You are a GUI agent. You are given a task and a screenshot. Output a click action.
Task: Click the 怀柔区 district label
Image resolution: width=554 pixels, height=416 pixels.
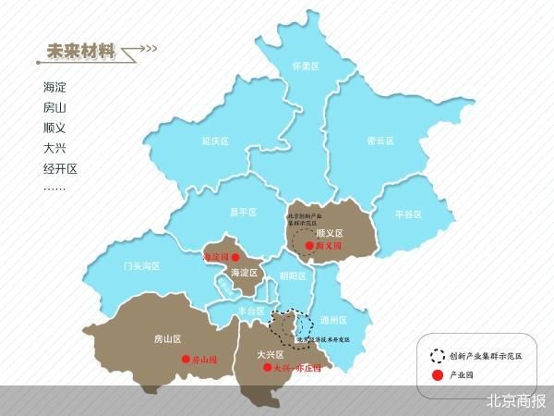305,67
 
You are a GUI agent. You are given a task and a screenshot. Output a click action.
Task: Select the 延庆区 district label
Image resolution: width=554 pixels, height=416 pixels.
214,141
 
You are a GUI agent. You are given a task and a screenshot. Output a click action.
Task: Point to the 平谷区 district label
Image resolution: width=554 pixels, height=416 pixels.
407,214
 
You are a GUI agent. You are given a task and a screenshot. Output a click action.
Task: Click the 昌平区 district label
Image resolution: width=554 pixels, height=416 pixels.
243,212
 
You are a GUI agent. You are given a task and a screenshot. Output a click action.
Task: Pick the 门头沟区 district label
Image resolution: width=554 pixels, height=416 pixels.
141,265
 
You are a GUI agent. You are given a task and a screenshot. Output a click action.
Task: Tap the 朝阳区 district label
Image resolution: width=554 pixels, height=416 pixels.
292,275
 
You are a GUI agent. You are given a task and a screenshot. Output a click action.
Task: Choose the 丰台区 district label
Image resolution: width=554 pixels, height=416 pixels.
251,311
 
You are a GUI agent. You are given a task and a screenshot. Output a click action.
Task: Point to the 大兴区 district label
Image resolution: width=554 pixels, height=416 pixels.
270,353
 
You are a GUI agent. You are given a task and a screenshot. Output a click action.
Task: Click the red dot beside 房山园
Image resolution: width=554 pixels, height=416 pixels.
186,360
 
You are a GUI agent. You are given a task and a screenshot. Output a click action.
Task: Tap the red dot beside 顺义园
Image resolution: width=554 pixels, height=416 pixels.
319,248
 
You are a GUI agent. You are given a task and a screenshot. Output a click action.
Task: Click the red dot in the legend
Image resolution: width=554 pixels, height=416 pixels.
438,374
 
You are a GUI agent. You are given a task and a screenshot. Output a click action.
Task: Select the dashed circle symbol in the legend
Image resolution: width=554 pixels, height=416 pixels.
438,355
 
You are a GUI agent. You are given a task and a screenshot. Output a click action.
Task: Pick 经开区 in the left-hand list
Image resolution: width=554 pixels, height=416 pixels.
60,169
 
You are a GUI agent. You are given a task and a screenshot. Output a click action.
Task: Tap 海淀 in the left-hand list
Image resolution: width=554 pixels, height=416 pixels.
54,87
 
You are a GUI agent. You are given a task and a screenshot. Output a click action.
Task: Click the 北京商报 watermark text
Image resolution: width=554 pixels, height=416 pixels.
516,401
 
